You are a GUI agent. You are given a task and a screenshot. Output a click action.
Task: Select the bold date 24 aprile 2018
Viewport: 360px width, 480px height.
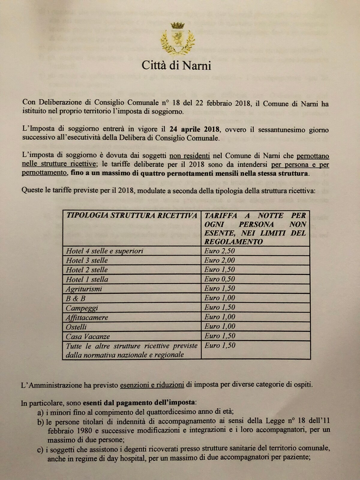coord(194,130)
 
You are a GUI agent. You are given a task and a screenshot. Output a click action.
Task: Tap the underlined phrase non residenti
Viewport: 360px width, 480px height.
coord(189,156)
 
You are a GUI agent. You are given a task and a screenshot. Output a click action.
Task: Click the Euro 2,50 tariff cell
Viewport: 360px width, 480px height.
coord(220,251)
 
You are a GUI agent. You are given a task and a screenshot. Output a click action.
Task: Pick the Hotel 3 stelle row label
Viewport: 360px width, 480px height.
coord(87,260)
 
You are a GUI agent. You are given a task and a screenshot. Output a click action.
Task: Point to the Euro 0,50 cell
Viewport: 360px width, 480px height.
coord(220,279)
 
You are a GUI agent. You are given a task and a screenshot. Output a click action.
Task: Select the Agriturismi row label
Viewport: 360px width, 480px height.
coord(84,289)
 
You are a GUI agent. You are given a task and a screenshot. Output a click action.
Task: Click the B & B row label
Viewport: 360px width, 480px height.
coord(76,298)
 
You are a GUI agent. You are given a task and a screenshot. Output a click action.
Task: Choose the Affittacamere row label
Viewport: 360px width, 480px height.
coord(87,317)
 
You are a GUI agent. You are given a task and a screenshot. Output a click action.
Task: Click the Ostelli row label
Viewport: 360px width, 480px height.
coord(76,327)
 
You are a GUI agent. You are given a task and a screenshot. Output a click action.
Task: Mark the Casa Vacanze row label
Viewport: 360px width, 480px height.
coord(88,336)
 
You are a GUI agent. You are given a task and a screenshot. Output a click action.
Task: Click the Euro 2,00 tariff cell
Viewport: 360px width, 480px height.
coord(220,260)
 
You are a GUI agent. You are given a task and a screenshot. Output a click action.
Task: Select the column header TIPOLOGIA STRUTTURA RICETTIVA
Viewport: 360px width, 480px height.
coord(131,215)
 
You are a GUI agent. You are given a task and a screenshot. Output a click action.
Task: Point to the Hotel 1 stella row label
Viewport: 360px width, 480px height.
coord(87,279)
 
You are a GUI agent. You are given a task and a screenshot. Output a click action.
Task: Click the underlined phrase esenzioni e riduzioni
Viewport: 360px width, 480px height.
coord(152,385)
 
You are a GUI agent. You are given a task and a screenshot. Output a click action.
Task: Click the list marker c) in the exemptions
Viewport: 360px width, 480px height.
coord(40,449)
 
